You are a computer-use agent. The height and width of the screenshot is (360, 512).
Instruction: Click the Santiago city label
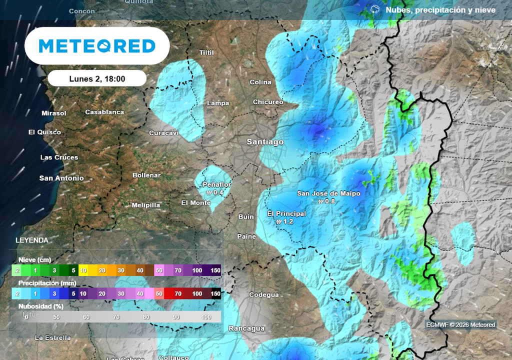point(265,142)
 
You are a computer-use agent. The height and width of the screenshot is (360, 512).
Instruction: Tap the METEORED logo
point(97,46)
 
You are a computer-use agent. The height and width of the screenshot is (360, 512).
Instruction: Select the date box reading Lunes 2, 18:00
point(97,78)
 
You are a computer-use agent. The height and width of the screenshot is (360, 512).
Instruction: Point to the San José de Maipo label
point(328,193)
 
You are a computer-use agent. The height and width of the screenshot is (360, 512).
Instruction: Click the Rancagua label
point(246,328)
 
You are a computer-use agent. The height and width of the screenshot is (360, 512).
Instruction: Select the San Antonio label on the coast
point(61,178)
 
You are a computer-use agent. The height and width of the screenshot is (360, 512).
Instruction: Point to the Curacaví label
point(164,133)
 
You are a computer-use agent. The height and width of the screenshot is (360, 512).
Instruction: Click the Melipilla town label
point(146,205)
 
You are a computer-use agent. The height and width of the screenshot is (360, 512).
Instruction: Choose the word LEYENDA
point(32,240)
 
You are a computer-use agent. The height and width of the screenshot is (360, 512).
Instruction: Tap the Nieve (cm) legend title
point(34,260)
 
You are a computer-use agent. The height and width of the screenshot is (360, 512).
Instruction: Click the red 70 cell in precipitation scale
point(177,294)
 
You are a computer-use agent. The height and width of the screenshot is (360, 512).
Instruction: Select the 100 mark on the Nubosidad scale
point(206,317)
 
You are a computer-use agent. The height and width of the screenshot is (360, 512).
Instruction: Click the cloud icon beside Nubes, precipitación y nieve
point(375,9)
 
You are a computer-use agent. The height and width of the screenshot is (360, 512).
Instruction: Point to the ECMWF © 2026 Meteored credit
point(460,325)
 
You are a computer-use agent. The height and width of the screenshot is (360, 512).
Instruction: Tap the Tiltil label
point(206,52)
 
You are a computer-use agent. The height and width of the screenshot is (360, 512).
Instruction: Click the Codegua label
point(263,295)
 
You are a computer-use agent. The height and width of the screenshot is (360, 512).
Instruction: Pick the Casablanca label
point(104,112)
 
